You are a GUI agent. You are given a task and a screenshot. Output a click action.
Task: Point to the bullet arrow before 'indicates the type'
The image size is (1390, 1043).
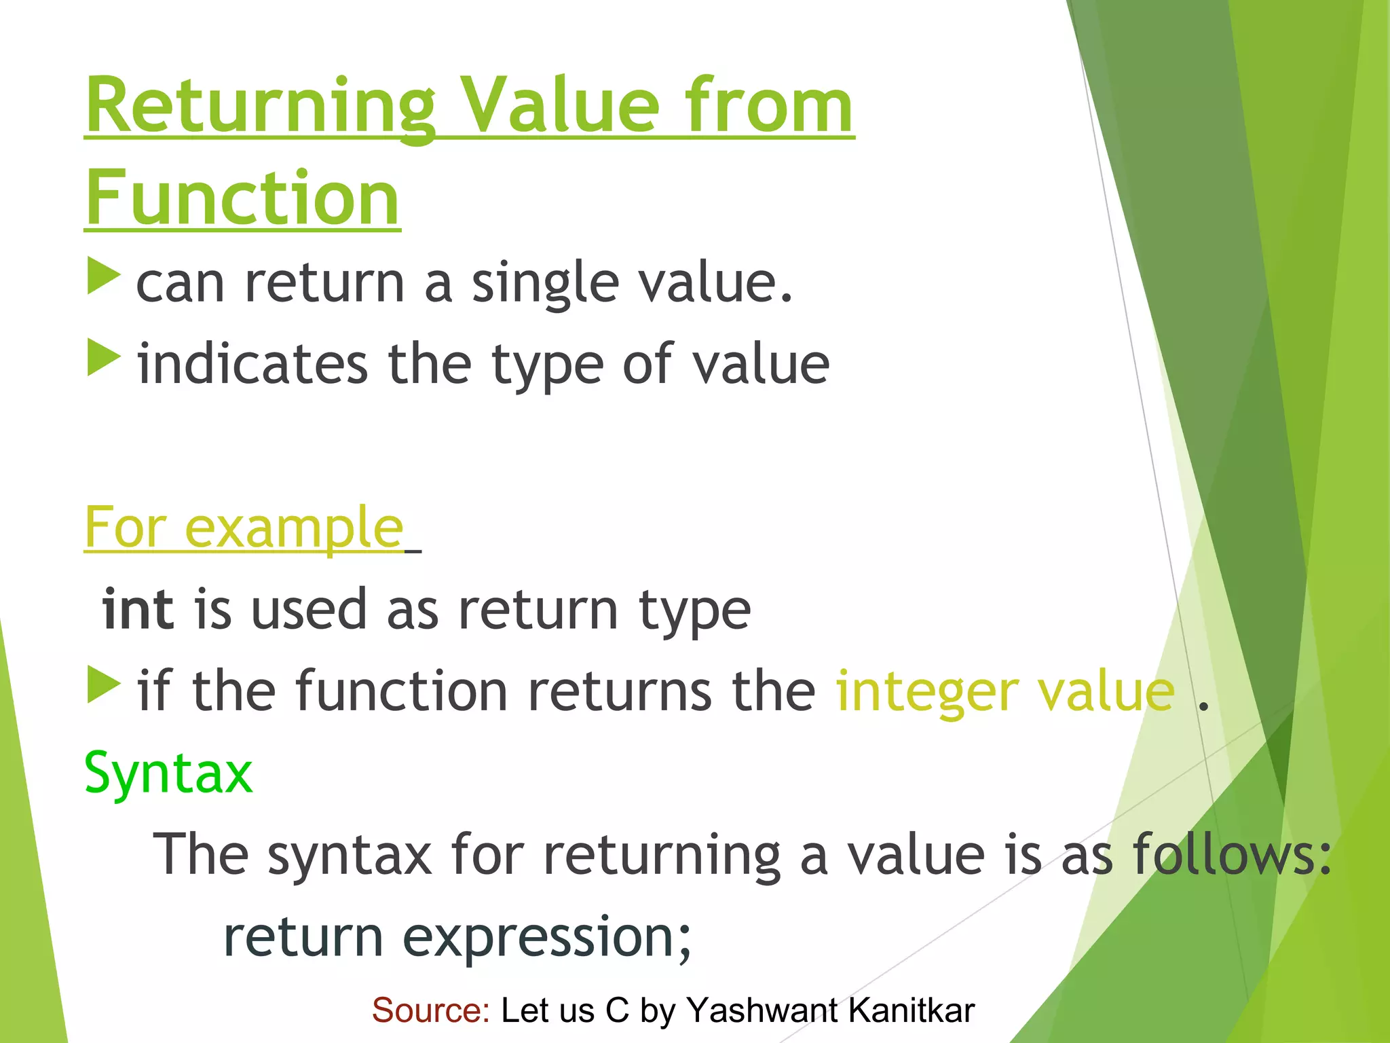coord(104,359)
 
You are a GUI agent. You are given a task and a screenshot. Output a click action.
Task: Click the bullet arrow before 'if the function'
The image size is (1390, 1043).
coord(104,685)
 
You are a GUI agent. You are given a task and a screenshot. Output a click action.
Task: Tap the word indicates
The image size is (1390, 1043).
coord(252,365)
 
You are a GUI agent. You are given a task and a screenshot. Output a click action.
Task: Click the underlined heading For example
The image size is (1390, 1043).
coord(244,528)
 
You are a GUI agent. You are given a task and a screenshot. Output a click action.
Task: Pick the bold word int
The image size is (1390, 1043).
coord(138,609)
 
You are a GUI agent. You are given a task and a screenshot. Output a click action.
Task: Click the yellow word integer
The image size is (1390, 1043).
coord(926,691)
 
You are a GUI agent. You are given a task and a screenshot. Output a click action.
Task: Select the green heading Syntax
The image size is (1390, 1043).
coord(168,773)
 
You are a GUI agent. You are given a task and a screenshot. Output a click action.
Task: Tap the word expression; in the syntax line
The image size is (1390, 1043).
coord(547,937)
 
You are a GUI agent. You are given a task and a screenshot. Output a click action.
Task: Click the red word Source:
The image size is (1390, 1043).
coord(431,1010)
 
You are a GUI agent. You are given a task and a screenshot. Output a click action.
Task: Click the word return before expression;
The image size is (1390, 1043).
coord(303,937)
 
